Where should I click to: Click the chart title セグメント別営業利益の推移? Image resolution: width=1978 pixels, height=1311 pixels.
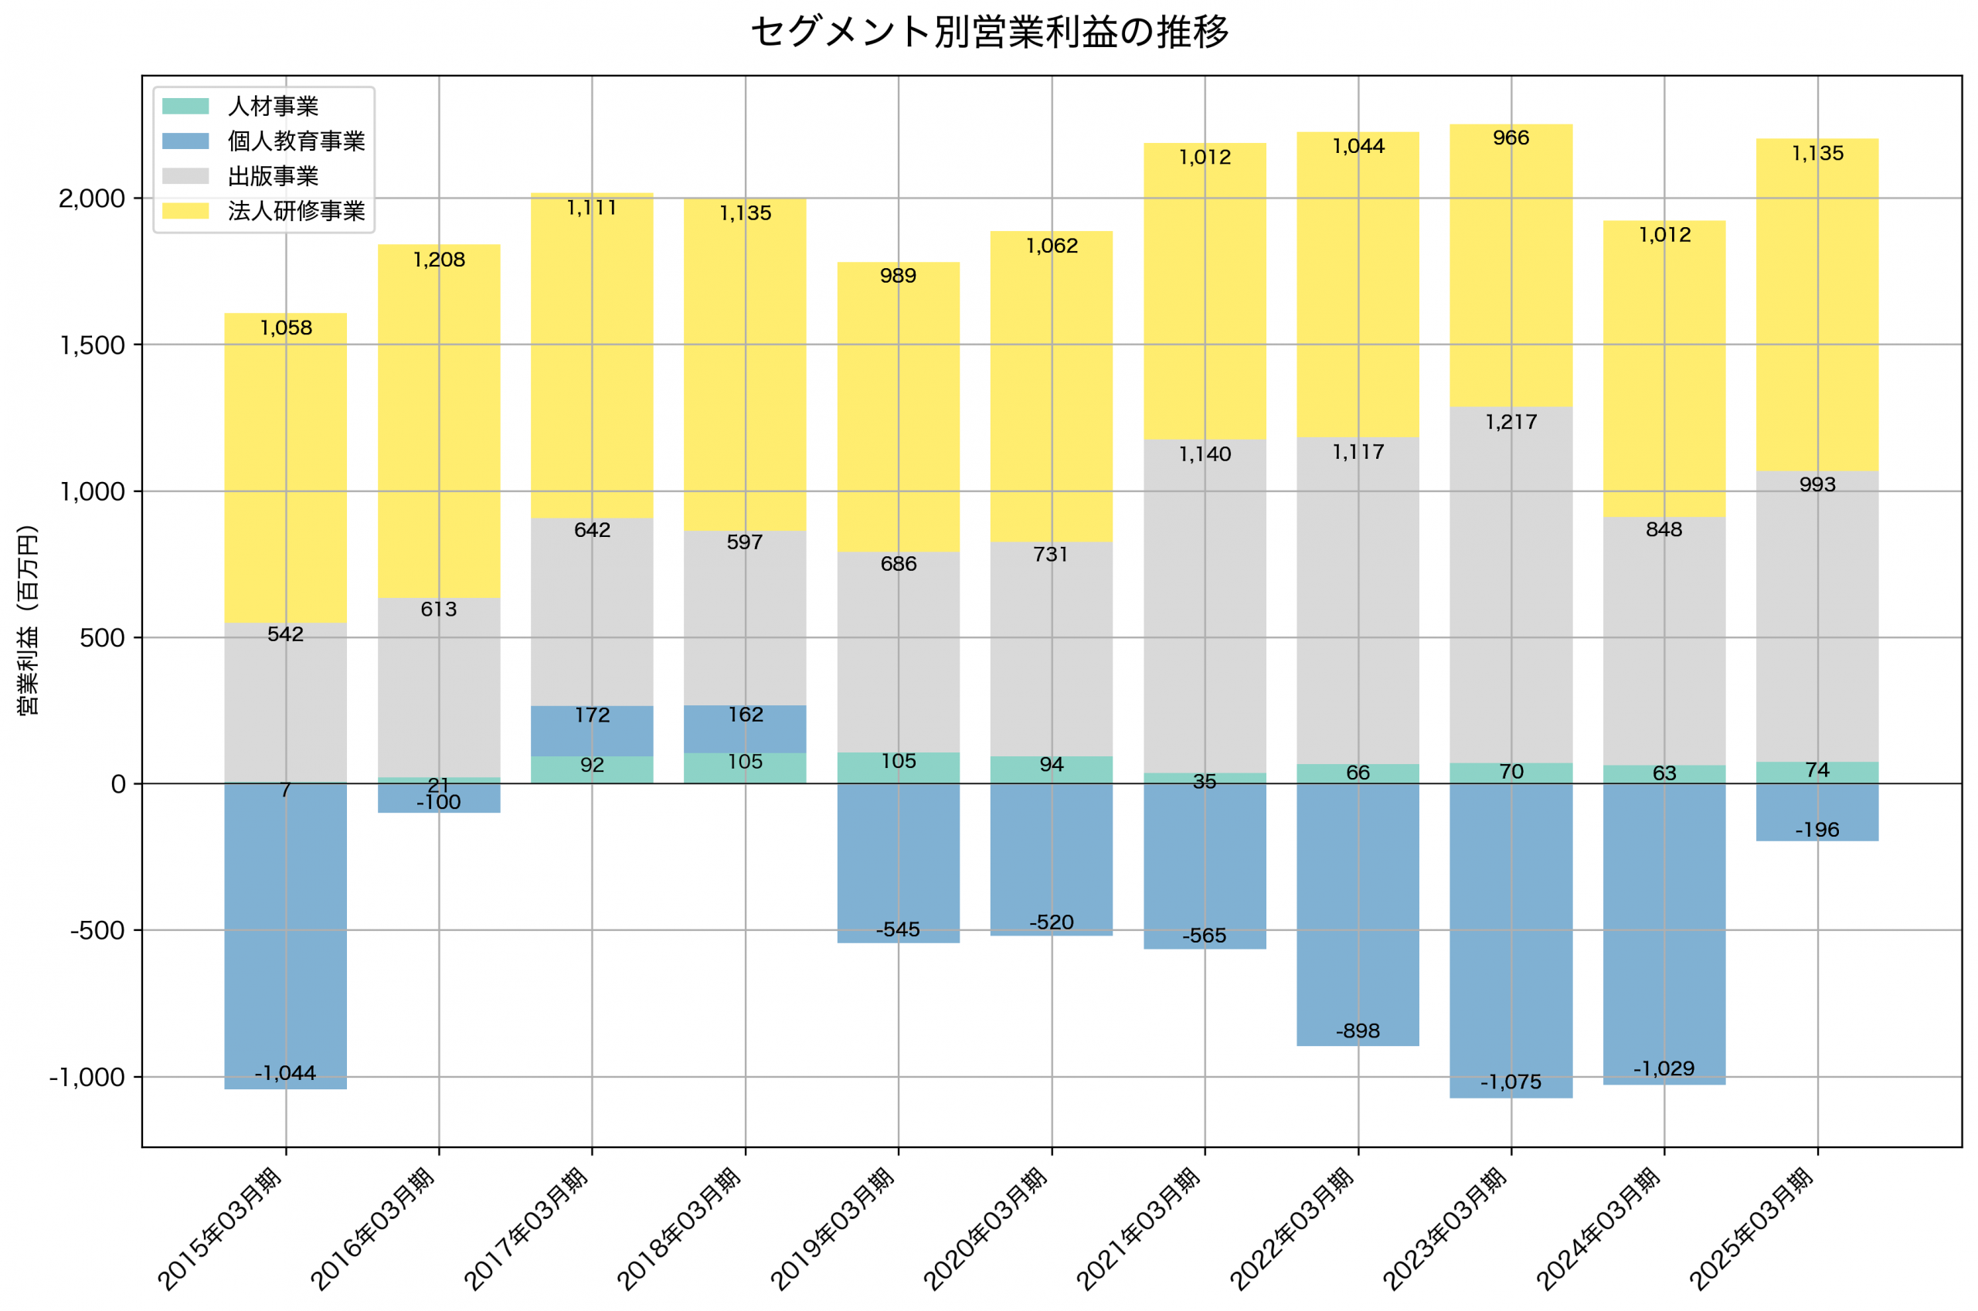tap(989, 32)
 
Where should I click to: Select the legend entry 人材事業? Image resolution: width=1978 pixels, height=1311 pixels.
tap(273, 106)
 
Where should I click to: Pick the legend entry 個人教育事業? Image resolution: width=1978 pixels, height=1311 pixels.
tap(296, 141)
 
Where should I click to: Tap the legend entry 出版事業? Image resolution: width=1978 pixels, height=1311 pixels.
tap(273, 176)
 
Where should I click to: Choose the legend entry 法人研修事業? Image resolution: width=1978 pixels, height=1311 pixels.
tap(296, 211)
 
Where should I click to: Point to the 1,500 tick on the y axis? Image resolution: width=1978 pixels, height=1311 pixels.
tap(92, 345)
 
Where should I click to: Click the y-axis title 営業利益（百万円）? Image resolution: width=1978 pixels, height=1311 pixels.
tap(28, 620)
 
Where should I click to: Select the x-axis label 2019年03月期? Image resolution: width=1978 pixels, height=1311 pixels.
tap(832, 1229)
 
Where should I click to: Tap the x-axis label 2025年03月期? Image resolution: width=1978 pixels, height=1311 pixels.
tap(1751, 1229)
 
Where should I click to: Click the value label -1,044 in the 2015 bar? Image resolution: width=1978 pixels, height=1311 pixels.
tap(285, 1073)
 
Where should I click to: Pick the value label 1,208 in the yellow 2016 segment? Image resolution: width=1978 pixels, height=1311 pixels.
tap(439, 260)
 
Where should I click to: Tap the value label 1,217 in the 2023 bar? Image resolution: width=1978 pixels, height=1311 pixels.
tap(1511, 423)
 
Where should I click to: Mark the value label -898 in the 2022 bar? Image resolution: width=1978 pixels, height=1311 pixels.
tap(1358, 1031)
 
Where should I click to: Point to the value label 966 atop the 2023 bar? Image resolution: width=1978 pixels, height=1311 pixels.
tap(1511, 138)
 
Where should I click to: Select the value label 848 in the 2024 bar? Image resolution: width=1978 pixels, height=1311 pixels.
tap(1664, 529)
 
